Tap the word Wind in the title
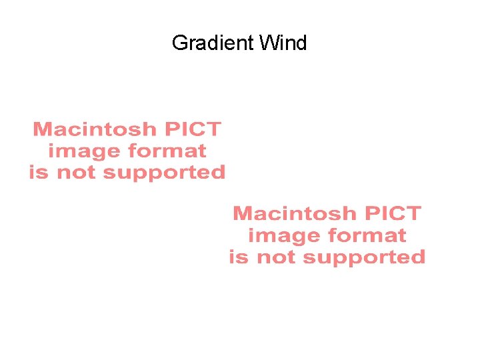pyautogui.click(x=283, y=43)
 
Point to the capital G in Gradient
pyautogui.click(x=179, y=43)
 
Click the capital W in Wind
pyautogui.click(x=268, y=43)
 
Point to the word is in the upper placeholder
pyautogui.click(x=38, y=173)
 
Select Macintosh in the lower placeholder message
pyautogui.click(x=294, y=213)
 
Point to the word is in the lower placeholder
pyautogui.click(x=238, y=257)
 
